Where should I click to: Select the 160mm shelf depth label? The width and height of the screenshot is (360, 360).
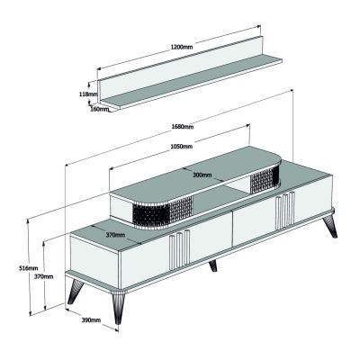point(99,110)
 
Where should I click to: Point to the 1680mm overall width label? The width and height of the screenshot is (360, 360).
point(184,127)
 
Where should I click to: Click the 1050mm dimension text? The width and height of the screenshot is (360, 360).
point(182,147)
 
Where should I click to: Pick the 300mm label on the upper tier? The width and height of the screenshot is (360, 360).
point(201,175)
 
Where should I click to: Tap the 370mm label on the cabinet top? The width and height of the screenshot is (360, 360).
point(114,235)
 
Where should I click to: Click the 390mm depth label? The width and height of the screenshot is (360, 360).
point(91,319)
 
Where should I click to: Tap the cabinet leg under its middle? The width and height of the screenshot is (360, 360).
point(213,266)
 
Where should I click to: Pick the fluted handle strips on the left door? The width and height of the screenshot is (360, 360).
point(179,247)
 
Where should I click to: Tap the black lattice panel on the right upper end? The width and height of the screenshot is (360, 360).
point(267,177)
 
